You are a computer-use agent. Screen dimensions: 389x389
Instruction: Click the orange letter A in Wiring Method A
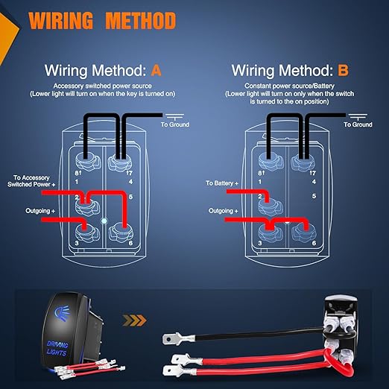point(156,71)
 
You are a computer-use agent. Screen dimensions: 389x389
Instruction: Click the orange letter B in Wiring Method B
point(343,70)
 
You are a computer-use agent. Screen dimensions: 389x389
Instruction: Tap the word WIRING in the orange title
point(60,21)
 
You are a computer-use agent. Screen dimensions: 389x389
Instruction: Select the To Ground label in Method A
point(175,124)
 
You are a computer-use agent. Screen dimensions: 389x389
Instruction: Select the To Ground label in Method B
point(358,124)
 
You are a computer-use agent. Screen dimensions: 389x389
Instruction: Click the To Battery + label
point(222,183)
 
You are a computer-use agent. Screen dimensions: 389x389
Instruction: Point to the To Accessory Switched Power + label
point(31,181)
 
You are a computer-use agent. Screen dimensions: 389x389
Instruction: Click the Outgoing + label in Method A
point(40,211)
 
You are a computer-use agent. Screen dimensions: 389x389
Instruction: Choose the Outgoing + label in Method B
point(224,211)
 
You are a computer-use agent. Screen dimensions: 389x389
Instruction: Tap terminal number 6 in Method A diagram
point(130,243)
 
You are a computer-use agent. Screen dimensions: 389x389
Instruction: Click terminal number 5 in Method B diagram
point(314,196)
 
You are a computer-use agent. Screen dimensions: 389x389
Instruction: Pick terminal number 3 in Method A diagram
point(77,243)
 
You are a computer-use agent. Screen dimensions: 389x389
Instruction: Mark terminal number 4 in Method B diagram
point(314,182)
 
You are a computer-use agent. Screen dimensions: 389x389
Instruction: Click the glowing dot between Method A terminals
point(104,221)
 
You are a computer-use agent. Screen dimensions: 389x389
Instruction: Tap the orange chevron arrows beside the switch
point(134,320)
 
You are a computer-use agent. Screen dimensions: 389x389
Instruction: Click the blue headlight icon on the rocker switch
point(61,314)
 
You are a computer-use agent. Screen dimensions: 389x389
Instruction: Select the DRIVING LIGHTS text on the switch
point(57,348)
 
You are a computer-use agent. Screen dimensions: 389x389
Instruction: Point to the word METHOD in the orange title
point(141,21)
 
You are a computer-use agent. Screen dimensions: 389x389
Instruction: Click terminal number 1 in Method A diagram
point(77,182)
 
